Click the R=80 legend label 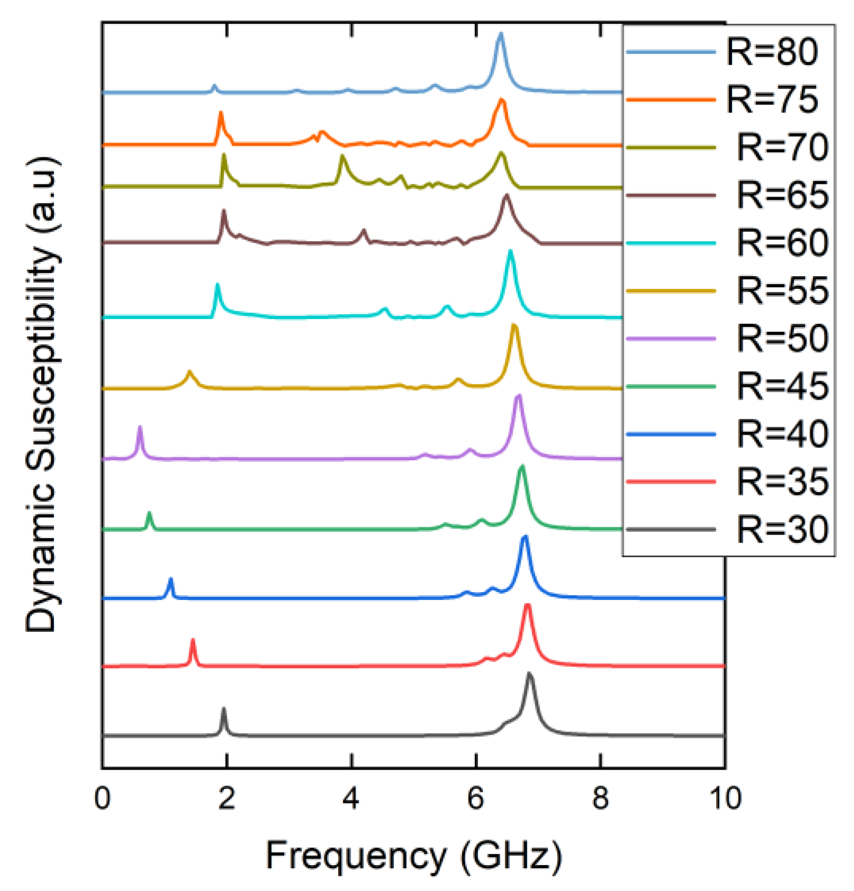[x=772, y=52]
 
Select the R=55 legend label [x=782, y=290]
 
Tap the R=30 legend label [x=782, y=529]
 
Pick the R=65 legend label [x=782, y=195]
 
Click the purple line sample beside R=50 [x=670, y=339]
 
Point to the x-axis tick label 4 [x=351, y=798]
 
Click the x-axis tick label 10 [x=725, y=798]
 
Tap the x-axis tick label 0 [x=102, y=798]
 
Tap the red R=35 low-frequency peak [x=193, y=641]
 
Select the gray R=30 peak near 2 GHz [x=224, y=709]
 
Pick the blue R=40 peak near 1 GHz [x=171, y=579]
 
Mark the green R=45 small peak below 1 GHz [x=149, y=513]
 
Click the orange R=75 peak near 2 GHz [x=221, y=112]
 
